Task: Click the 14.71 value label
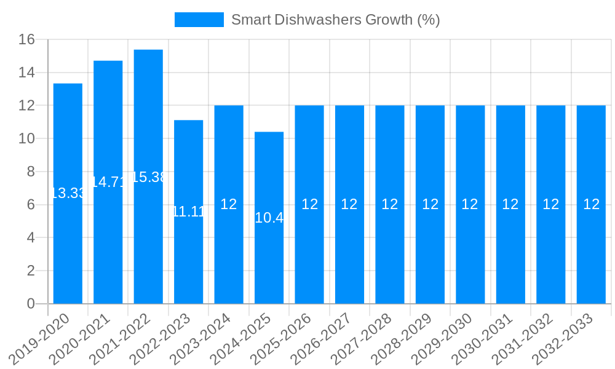click(x=108, y=182)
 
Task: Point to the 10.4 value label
click(x=269, y=218)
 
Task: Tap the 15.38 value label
click(x=148, y=177)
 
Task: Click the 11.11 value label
click(x=188, y=212)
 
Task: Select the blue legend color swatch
click(x=199, y=20)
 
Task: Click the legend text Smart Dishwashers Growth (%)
click(x=335, y=20)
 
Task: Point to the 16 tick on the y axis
click(x=26, y=40)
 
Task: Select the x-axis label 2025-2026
click(x=288, y=337)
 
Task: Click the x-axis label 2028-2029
click(x=410, y=337)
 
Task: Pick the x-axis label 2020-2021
click(x=87, y=337)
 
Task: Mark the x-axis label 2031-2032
click(x=530, y=337)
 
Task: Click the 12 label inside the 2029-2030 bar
click(x=470, y=205)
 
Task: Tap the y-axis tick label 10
click(x=26, y=139)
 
